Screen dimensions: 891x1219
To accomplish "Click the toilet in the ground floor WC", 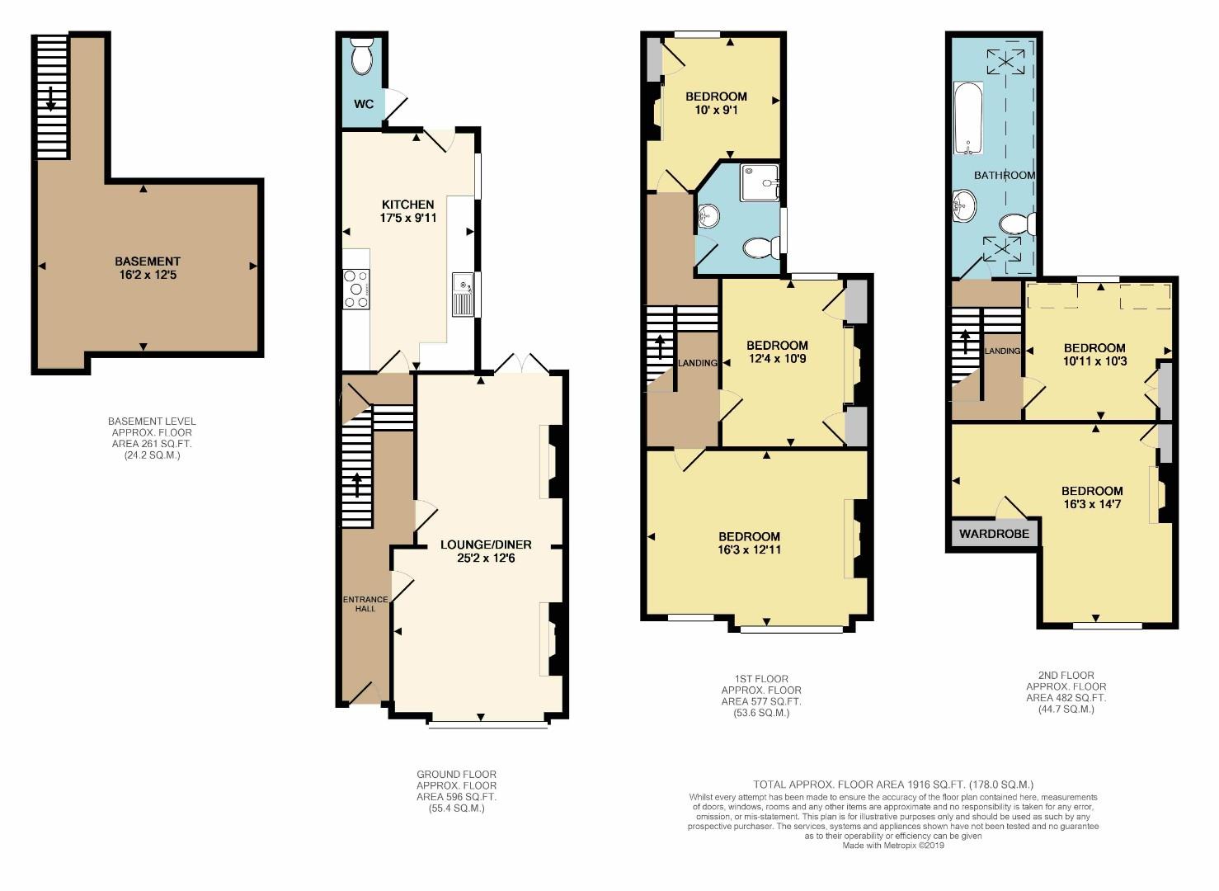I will [361, 58].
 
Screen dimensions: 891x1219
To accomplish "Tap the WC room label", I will [364, 104].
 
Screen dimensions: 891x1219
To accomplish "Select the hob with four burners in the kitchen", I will [357, 290].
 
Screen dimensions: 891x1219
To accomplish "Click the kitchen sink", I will [463, 294].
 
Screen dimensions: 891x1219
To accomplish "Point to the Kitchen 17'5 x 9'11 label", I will [408, 211].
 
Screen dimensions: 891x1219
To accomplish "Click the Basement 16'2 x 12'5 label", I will [148, 268].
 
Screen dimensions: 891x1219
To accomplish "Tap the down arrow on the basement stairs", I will [51, 97].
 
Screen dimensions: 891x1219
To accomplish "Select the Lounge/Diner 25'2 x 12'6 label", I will [486, 551].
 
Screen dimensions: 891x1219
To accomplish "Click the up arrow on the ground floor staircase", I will [357, 484].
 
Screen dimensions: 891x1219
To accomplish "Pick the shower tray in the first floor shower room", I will [759, 182].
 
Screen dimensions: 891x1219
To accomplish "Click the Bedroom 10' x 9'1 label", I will [716, 103].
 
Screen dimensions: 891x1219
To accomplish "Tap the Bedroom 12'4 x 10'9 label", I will [777, 352].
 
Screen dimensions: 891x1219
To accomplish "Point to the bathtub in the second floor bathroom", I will [969, 118].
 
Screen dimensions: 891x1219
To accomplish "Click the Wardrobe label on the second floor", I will [994, 534].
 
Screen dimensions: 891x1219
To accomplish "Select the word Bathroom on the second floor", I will [1004, 175].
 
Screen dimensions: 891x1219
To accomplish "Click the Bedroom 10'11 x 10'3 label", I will [1094, 355].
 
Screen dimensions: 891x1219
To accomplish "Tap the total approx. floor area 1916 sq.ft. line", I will [892, 785].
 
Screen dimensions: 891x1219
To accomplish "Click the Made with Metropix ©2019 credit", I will [892, 846].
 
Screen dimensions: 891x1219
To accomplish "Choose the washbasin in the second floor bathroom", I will [963, 205].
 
